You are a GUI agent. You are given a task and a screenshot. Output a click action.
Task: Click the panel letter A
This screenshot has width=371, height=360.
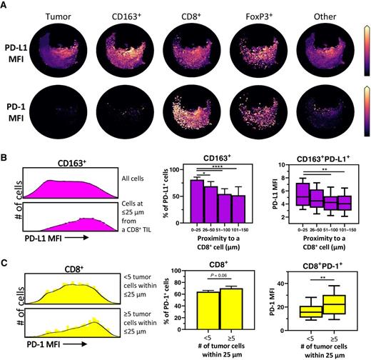(x=5, y=6)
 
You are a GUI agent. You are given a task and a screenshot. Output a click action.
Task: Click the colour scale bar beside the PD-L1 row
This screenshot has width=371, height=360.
(x=366, y=48)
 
